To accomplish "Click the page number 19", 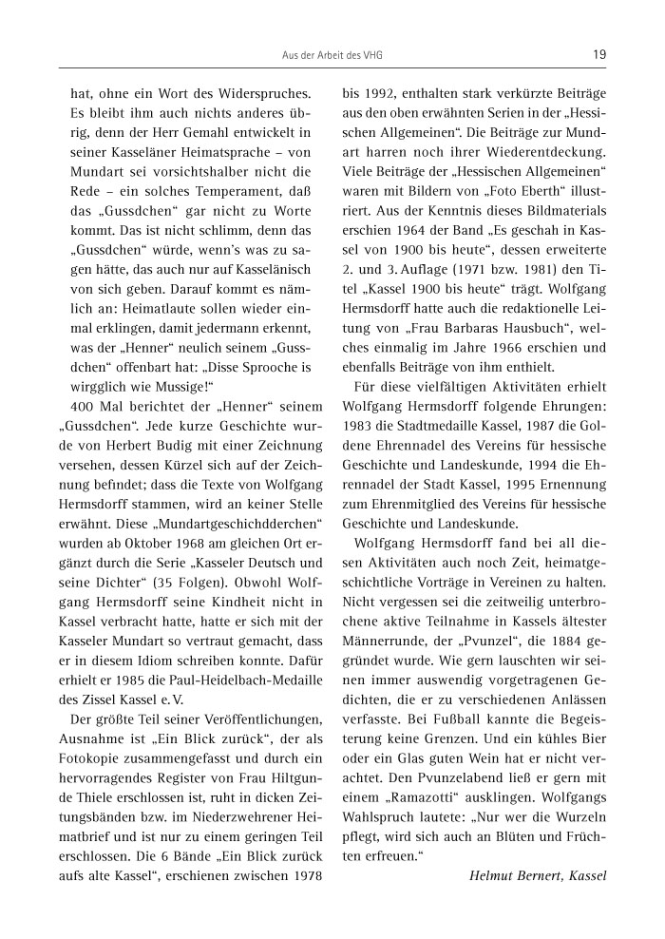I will [598, 55].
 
